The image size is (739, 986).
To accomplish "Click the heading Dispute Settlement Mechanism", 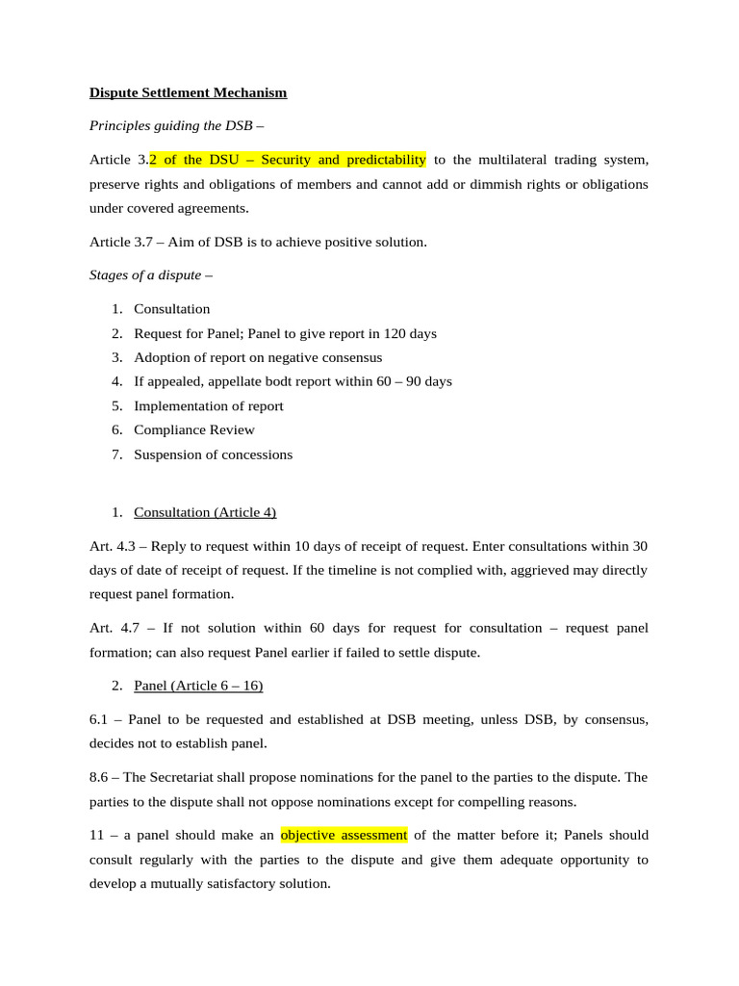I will (x=188, y=93).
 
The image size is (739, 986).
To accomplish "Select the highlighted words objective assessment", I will (x=344, y=835).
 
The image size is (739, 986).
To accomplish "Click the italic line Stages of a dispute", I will (x=150, y=274).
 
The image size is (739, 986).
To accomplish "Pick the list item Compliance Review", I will (x=194, y=430).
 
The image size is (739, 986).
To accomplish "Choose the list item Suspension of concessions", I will (x=213, y=454).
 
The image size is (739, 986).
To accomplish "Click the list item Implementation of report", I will (x=209, y=406).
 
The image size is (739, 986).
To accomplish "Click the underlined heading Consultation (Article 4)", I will (x=205, y=512).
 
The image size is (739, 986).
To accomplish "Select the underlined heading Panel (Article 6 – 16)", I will (x=198, y=686).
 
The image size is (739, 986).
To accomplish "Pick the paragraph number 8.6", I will (x=101, y=777).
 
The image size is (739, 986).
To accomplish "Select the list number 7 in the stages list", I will (x=115, y=454).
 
